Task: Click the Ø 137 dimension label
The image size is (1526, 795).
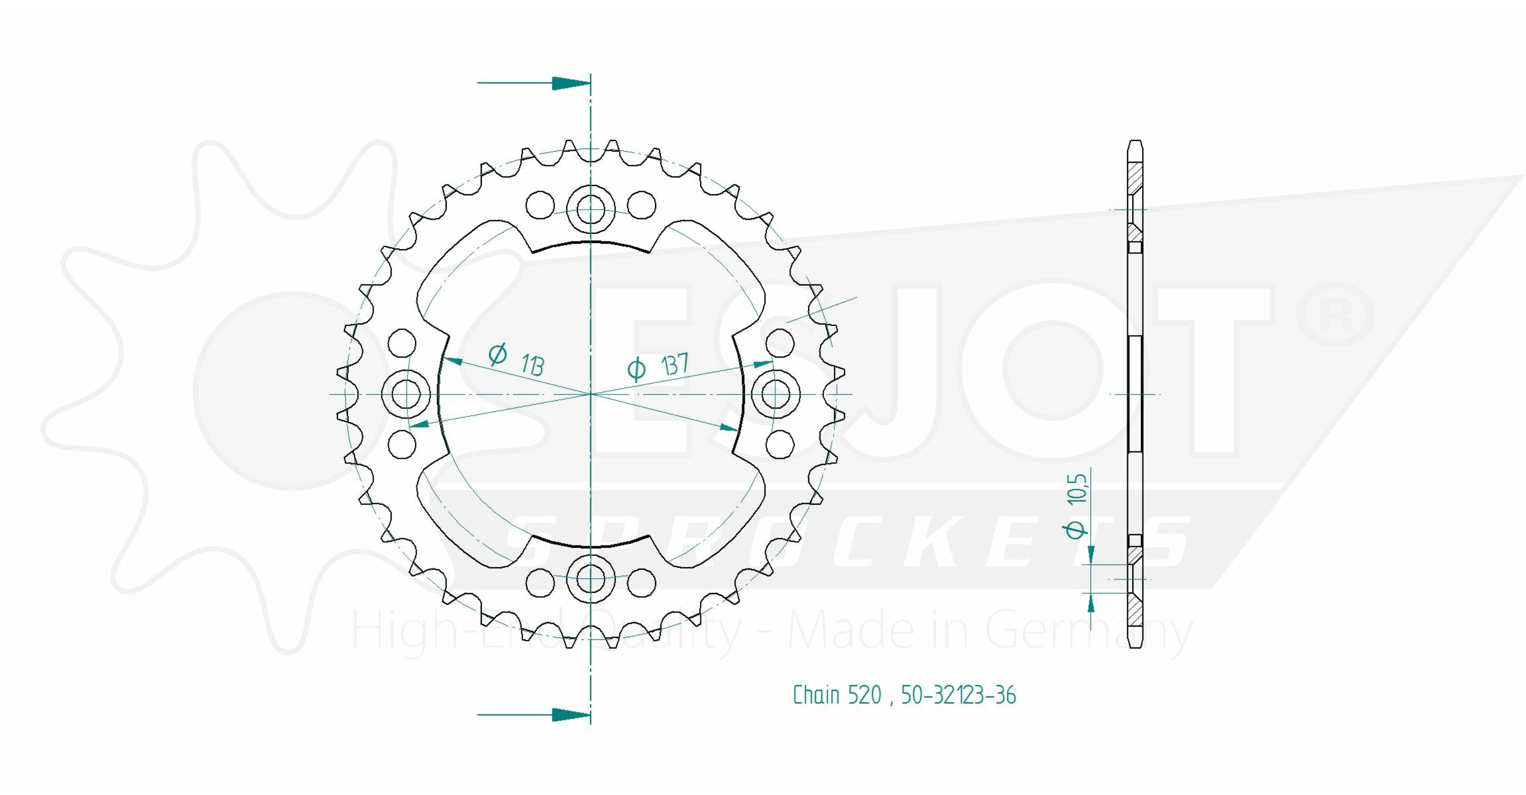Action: tap(658, 367)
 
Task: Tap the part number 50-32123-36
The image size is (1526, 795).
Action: tap(958, 695)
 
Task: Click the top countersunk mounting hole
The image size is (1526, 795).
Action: tap(591, 209)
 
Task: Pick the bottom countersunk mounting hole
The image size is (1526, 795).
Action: tap(591, 579)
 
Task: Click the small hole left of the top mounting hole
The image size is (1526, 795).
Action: tap(540, 205)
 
